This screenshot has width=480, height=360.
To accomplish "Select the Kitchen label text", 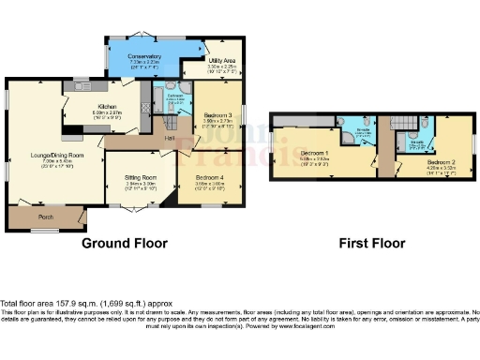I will [105, 108].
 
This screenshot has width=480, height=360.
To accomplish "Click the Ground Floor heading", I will [125, 243].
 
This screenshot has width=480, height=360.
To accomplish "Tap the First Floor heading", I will [373, 243].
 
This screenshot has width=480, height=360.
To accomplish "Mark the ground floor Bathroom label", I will [174, 96].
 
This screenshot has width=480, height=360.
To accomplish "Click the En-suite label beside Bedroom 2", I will [417, 142].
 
